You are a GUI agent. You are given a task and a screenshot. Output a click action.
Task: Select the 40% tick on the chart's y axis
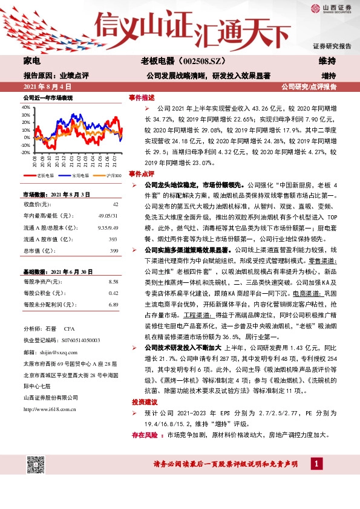coord(25,106)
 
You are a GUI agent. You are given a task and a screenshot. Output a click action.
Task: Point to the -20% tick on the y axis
coord(25,152)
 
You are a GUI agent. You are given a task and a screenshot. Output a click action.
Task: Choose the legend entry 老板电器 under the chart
coord(45,176)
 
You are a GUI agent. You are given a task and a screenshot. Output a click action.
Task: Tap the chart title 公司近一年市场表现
coord(48,97)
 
